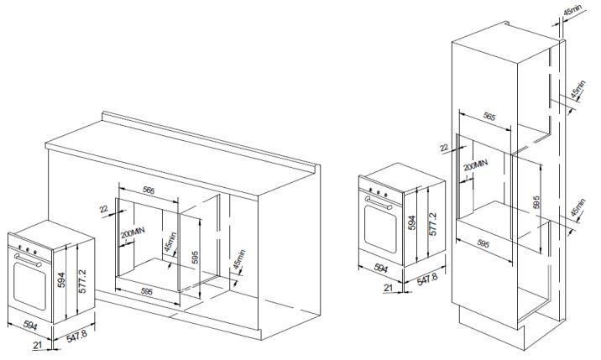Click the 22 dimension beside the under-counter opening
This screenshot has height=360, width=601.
pos(104,210)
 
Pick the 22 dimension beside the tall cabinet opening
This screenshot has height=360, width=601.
pos(444,148)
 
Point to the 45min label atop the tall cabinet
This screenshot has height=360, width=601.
pos(572,12)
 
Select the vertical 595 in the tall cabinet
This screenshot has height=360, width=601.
pos(535,202)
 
